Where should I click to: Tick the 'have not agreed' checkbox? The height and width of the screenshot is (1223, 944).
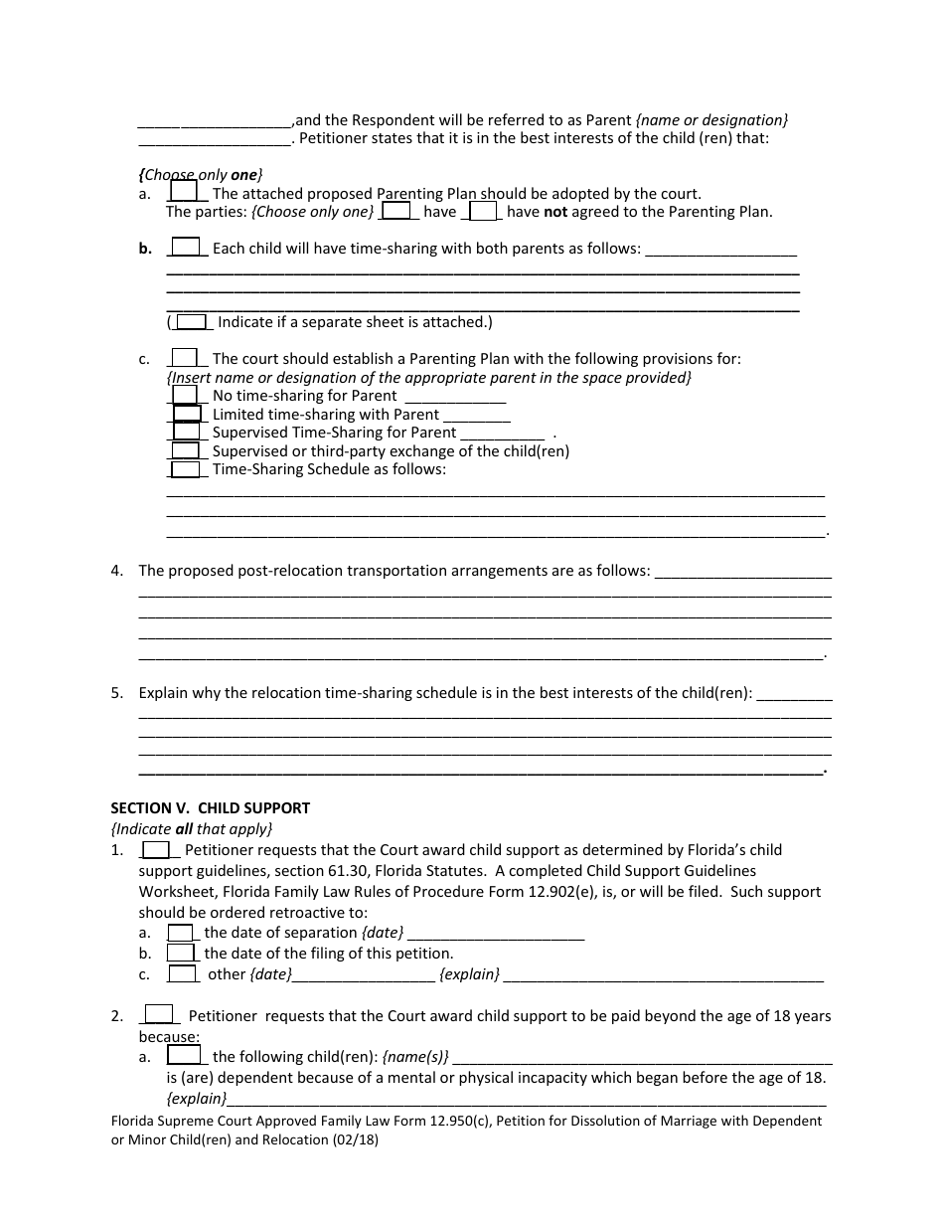(x=483, y=211)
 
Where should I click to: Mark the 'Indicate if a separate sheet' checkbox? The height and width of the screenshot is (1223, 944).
(x=192, y=321)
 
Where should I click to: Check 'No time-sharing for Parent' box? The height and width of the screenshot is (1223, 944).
(x=186, y=395)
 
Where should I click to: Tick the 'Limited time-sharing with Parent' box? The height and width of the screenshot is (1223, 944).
(x=187, y=414)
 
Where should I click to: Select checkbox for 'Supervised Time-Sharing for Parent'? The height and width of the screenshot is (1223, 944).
(x=187, y=432)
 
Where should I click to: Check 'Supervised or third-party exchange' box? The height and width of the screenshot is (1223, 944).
(x=186, y=450)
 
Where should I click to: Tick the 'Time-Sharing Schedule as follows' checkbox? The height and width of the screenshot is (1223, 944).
(x=186, y=468)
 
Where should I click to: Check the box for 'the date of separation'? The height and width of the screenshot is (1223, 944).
(x=180, y=933)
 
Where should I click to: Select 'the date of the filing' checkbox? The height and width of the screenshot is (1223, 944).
(x=180, y=953)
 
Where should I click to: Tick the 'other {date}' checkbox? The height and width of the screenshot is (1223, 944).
(x=182, y=974)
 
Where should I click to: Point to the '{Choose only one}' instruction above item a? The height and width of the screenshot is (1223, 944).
(x=201, y=174)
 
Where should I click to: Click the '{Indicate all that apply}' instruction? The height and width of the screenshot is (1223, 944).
(x=191, y=828)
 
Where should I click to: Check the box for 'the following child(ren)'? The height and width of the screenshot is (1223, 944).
(x=184, y=1056)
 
